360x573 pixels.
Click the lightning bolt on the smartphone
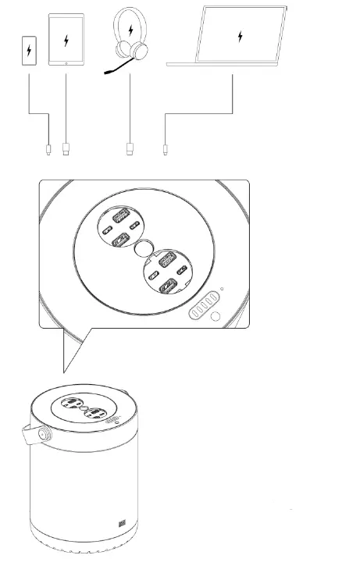[x=30, y=52]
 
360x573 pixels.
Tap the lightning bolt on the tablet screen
[x=66, y=39]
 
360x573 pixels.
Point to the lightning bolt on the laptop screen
[x=241, y=35]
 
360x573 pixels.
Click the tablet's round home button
[x=66, y=62]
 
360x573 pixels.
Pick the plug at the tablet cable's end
[x=66, y=148]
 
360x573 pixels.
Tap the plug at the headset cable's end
[x=130, y=148]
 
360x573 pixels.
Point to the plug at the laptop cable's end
[x=165, y=148]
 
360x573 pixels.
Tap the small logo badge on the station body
[x=121, y=525]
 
